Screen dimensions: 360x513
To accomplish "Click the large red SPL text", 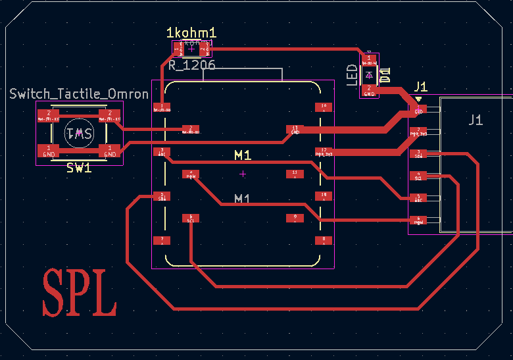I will click(80, 292).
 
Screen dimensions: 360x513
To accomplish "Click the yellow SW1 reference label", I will click(79, 168).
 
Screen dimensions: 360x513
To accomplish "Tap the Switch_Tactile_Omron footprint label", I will click(79, 94).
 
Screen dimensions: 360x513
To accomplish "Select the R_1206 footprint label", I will click(191, 65).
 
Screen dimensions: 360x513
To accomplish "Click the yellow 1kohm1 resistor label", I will click(191, 33).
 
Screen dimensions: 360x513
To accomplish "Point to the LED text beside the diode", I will click(353, 75).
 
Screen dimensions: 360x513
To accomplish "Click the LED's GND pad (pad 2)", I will click(370, 90).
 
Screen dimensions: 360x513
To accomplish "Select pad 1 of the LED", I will click(370, 61).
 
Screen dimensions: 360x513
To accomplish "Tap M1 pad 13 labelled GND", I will click(295, 130).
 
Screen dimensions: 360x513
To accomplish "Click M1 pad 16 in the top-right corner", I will click(323, 107).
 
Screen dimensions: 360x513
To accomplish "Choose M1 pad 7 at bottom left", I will click(162, 240).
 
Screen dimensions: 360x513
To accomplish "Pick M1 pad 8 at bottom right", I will click(323, 240).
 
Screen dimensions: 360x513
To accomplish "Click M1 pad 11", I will click(295, 174).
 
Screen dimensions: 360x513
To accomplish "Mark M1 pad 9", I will click(295, 218).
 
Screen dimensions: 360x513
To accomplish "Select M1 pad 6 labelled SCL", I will click(190, 218).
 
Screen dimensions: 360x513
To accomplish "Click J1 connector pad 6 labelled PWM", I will click(418, 220).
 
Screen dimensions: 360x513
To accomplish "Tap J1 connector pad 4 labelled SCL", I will click(418, 176).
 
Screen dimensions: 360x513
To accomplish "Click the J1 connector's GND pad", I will click(418, 110).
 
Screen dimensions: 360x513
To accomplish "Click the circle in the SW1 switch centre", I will click(79, 134).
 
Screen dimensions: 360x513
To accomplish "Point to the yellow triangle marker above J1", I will click(418, 100).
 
